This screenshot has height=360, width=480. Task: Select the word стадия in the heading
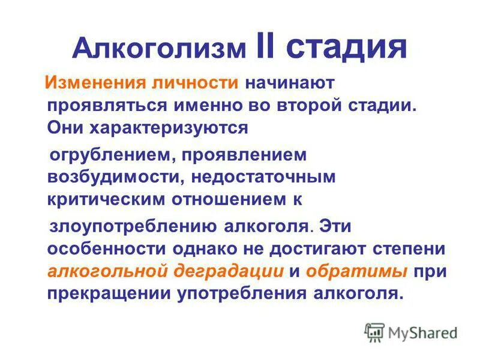(x=349, y=49)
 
